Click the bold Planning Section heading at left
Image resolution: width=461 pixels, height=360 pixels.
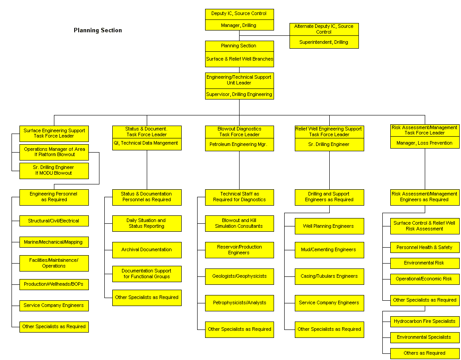pyautogui.click(x=98, y=30)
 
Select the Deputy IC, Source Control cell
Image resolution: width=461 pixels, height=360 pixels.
pyautogui.click(x=239, y=14)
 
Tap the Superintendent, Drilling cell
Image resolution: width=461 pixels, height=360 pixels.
pyautogui.click(x=324, y=42)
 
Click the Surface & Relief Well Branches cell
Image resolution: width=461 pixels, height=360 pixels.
pyautogui.click(x=239, y=59)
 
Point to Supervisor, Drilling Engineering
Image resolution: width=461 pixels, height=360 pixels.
pyautogui.click(x=239, y=94)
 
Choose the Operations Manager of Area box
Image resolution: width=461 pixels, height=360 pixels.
pyautogui.click(x=54, y=152)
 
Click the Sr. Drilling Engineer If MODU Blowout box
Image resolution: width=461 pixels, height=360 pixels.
pyautogui.click(x=54, y=171)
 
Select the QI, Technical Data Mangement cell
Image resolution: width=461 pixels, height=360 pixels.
pyautogui.click(x=147, y=144)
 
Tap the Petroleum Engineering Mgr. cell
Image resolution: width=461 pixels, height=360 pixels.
pyautogui.click(x=239, y=145)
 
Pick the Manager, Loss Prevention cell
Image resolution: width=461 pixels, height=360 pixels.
pyautogui.click(x=425, y=143)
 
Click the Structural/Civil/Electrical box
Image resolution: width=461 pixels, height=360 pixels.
pyautogui.click(x=54, y=221)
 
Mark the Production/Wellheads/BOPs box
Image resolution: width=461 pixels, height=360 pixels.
pyautogui.click(x=54, y=284)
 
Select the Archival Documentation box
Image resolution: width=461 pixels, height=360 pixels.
pyautogui.click(x=147, y=250)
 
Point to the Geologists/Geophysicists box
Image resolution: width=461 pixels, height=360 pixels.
pyautogui.click(x=239, y=276)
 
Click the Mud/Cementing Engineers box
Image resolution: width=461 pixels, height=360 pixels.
pyautogui.click(x=329, y=250)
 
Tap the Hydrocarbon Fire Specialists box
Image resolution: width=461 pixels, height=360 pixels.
pyautogui.click(x=425, y=322)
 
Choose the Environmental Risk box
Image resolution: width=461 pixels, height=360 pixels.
pyautogui.click(x=425, y=263)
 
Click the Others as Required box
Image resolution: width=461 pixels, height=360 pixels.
pyautogui.click(x=425, y=353)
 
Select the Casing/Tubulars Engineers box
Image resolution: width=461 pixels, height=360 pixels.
pyautogui.click(x=329, y=276)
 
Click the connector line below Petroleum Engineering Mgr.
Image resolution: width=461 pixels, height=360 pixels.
pyautogui.click(x=239, y=170)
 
